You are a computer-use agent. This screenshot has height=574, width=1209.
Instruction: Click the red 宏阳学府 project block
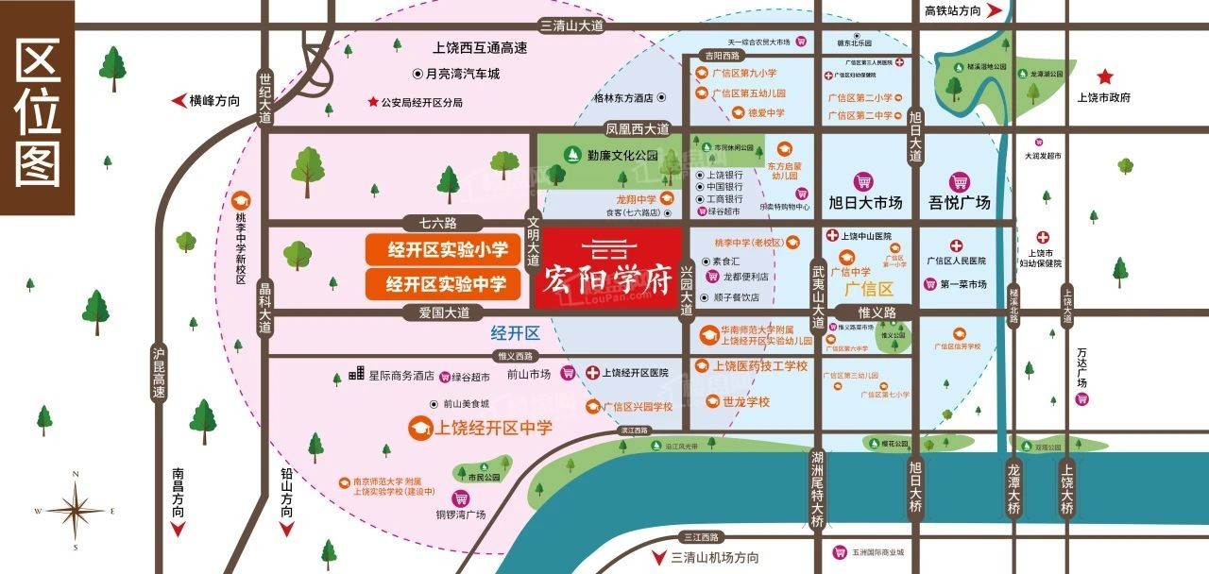click(x=609, y=268)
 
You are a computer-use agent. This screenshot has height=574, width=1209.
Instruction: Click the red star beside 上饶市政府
click(x=1104, y=77)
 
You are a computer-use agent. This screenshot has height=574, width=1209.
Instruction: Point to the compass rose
click(x=76, y=511)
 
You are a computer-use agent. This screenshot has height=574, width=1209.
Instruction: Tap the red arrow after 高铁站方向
click(x=994, y=10)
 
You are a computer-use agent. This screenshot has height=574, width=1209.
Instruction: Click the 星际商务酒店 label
click(x=400, y=375)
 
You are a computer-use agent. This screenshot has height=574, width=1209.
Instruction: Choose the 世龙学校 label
click(x=746, y=402)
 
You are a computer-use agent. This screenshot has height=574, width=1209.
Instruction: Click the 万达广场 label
click(x=1081, y=368)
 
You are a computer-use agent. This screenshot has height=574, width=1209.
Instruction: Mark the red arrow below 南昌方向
click(x=177, y=530)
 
